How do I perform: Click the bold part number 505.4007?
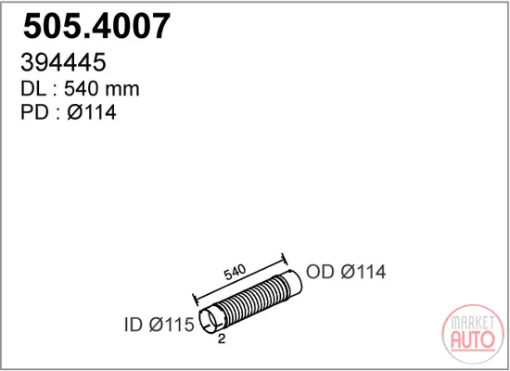coord(96,25)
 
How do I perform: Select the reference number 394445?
coord(63,62)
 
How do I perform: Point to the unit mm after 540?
coord(121,90)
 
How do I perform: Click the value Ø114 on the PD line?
coord(92,112)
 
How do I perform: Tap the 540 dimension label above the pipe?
coord(235,273)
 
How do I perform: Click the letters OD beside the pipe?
coord(320,272)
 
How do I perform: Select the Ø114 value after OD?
coord(363,272)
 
